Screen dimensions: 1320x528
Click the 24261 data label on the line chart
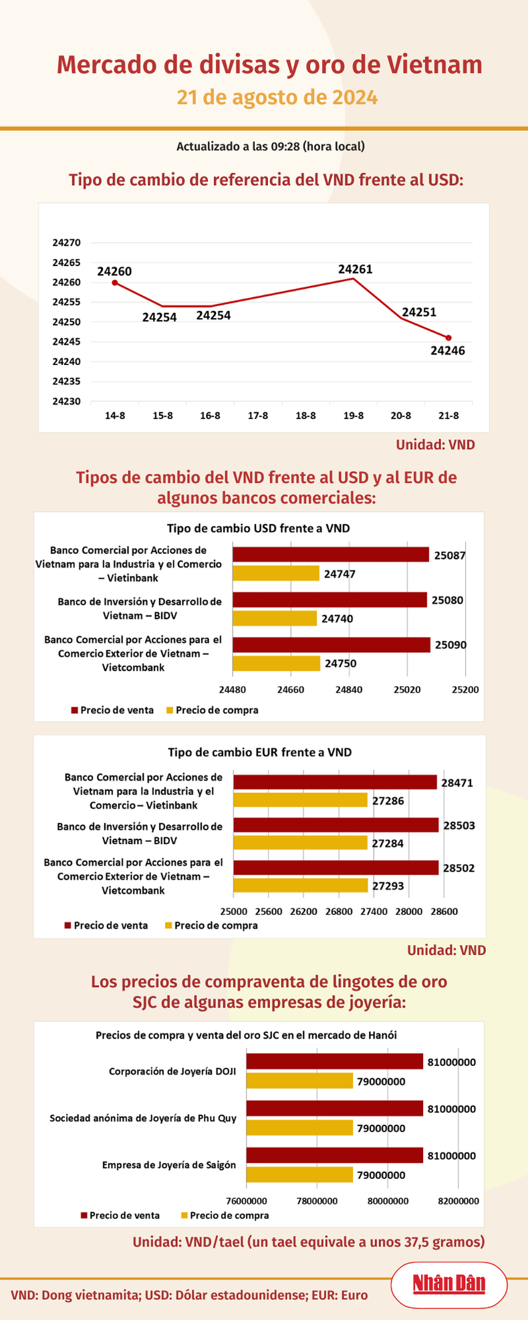[355, 269]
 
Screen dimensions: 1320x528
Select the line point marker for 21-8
[448, 338]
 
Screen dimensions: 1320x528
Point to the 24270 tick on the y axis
[66, 243]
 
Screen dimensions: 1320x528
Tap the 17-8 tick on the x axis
[258, 416]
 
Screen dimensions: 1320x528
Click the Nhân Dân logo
[448, 1283]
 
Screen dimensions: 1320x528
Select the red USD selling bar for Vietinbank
[330, 554]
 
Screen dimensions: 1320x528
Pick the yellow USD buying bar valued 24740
[275, 619]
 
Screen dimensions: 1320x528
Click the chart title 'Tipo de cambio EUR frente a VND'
[259, 752]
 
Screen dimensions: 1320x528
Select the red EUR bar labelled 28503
[336, 825]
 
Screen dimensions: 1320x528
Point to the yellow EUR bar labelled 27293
[300, 886]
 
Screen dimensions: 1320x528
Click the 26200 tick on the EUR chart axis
[303, 911]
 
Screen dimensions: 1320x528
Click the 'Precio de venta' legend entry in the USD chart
[112, 710]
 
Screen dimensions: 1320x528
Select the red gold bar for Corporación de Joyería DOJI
[335, 1061]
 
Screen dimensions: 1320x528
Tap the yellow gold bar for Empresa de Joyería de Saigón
[299, 1174]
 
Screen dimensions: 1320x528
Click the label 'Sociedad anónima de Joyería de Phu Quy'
[143, 1117]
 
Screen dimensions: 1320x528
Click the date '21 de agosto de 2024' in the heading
[277, 98]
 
